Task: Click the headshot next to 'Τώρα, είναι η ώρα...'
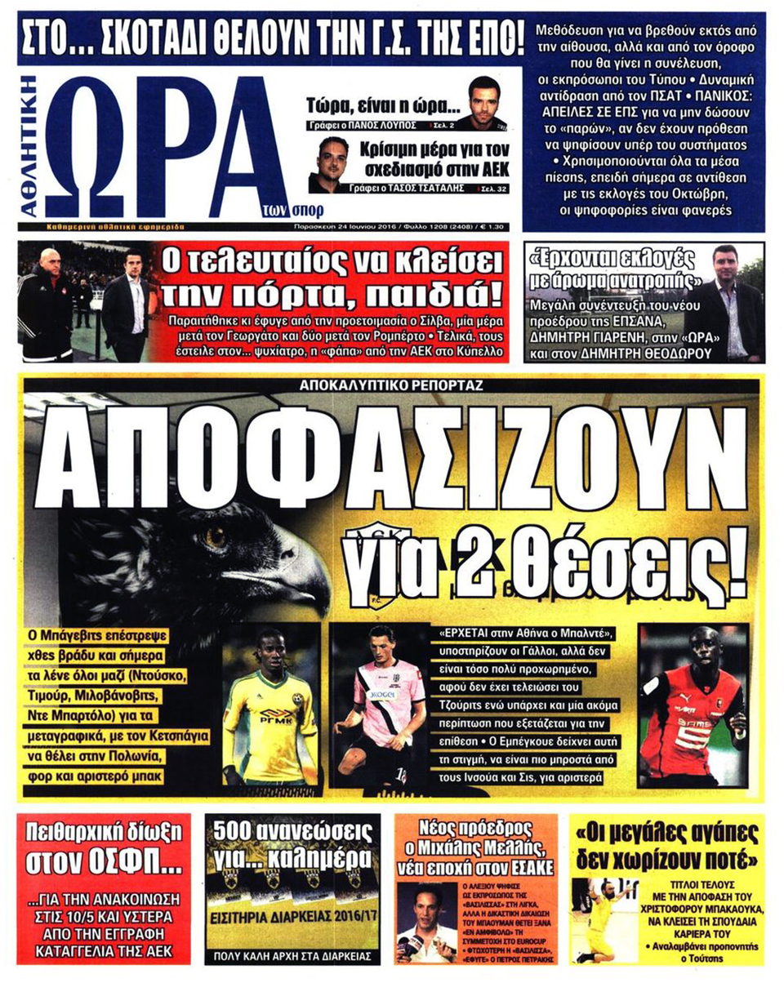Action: click(x=479, y=103)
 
